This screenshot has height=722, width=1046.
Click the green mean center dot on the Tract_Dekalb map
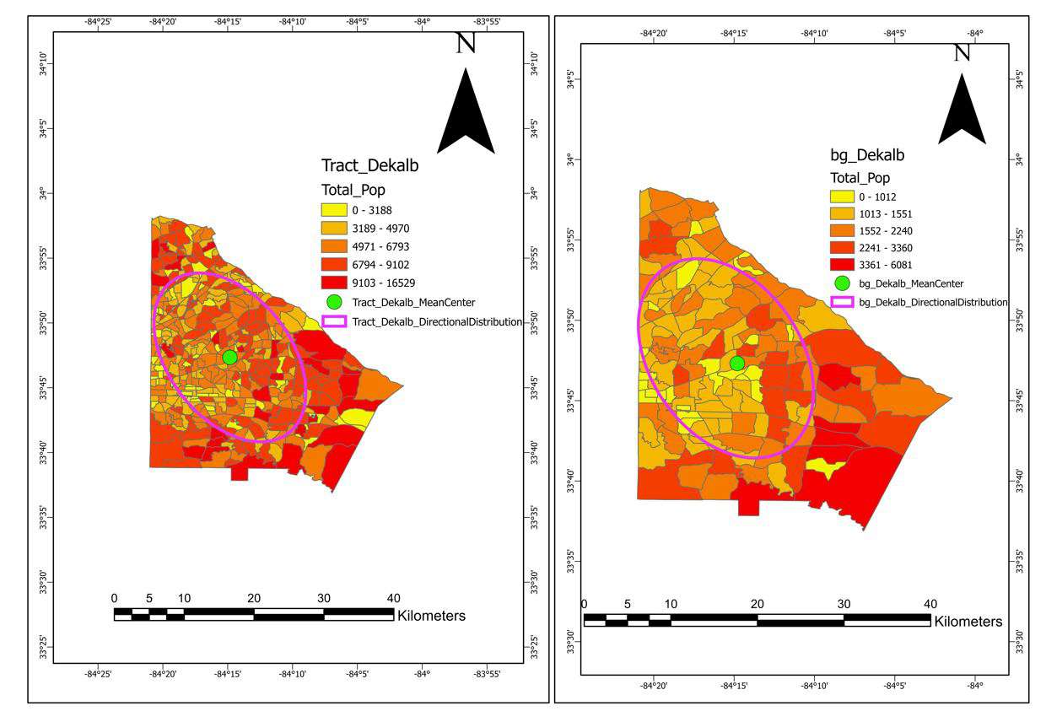click(x=229, y=357)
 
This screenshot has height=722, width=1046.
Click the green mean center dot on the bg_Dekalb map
click(x=736, y=364)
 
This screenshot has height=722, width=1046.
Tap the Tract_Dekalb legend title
click(x=369, y=166)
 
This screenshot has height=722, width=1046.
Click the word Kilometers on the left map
click(x=431, y=616)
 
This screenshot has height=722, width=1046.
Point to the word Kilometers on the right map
click(x=969, y=622)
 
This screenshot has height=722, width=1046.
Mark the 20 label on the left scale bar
click(x=254, y=598)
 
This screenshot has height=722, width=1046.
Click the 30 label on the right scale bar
click(x=844, y=604)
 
